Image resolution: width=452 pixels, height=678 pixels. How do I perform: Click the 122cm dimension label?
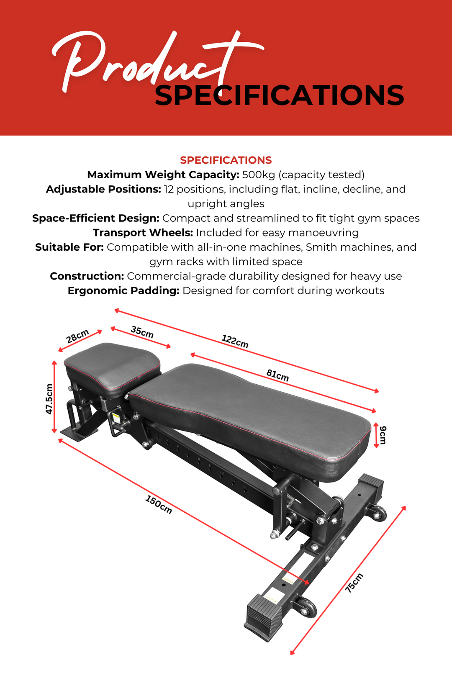[235, 341]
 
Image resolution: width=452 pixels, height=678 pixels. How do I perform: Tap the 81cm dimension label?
[277, 375]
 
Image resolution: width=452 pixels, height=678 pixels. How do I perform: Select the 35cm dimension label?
[142, 332]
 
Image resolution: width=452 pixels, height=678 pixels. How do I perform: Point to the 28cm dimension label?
[78, 336]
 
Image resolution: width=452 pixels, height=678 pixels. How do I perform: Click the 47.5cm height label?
[49, 399]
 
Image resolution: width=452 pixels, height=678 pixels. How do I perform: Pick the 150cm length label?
[159, 504]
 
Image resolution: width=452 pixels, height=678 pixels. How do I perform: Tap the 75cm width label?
[354, 583]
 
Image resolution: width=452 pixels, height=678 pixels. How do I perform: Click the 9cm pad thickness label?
[383, 435]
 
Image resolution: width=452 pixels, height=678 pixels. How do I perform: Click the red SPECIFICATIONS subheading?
[226, 160]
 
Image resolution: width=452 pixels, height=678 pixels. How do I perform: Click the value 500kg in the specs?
[258, 175]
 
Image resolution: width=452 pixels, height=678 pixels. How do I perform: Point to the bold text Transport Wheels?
[143, 233]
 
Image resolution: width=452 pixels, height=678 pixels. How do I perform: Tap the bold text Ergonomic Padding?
[123, 291]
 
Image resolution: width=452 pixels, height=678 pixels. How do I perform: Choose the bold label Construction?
[87, 276]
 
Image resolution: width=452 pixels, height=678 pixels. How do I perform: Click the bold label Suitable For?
[69, 247]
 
